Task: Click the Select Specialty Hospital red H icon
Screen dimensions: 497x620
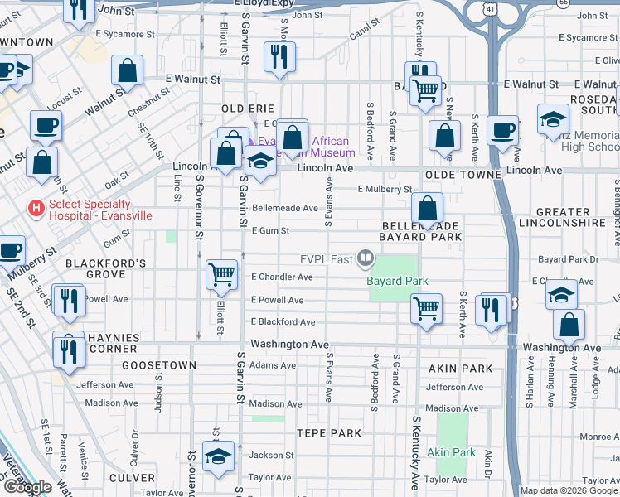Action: (36, 206)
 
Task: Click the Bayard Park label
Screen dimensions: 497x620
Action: (397, 281)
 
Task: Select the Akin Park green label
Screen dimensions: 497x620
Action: (451, 452)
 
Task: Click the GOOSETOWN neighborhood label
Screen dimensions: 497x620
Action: (159, 364)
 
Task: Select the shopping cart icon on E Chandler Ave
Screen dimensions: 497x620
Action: (221, 274)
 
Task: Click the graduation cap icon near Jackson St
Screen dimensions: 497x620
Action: (218, 457)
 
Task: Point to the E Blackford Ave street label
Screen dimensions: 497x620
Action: (283, 321)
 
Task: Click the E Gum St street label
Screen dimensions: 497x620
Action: (270, 231)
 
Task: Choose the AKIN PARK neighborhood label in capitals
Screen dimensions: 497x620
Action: (460, 368)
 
